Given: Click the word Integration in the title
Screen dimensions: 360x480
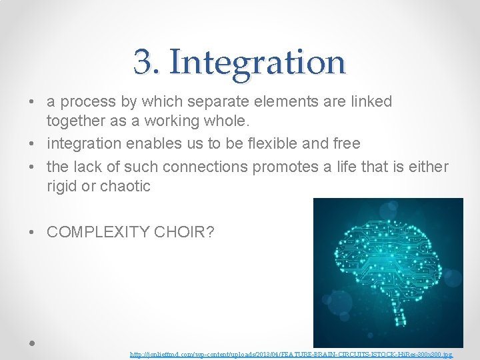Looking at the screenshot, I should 257,62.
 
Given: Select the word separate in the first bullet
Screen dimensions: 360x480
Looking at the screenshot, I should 219,102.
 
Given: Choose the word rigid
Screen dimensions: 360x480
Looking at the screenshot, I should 62,186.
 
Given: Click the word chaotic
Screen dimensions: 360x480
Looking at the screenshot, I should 125,186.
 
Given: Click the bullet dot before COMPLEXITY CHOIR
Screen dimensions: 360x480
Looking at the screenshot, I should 33,233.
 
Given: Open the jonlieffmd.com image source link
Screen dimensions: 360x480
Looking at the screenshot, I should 291,355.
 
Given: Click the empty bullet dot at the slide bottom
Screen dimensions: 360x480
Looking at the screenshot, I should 32,343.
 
